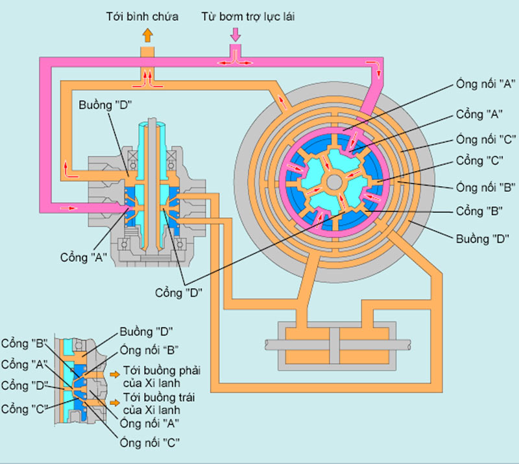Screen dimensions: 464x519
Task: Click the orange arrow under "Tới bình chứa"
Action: [x=147, y=36]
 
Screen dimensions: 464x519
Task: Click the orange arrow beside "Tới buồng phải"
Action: [x=115, y=374]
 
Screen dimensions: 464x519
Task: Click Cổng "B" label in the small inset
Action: [x=25, y=342]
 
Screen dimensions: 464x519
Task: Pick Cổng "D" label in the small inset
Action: [x=25, y=386]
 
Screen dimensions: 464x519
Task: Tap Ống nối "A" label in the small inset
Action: [x=150, y=423]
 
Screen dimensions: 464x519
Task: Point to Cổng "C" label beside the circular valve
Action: [x=479, y=160]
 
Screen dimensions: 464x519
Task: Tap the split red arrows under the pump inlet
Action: [x=235, y=62]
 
